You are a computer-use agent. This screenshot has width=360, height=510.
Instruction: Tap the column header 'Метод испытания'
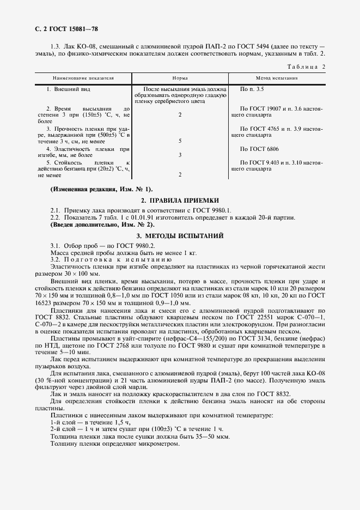[x=277, y=78]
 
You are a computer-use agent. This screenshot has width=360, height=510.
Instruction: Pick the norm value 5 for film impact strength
[x=180, y=141]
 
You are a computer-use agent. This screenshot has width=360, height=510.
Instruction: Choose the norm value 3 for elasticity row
[x=180, y=155]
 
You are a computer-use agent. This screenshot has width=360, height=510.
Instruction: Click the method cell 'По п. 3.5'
[x=252, y=88]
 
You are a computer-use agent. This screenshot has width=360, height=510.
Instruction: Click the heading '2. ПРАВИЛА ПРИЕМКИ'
[x=180, y=201]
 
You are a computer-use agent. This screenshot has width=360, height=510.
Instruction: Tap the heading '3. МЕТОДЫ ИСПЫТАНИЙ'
[x=180, y=236]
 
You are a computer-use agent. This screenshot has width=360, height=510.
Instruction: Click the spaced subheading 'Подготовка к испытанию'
[x=103, y=260]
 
